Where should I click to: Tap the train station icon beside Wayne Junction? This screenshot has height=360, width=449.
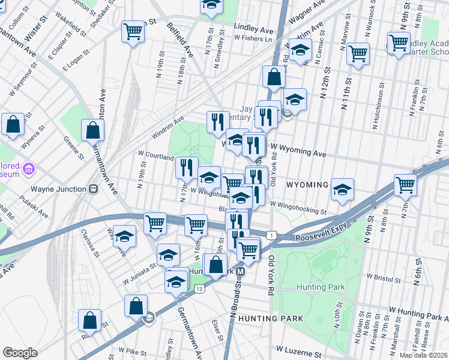tap(93, 189)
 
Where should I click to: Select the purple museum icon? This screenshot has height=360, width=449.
tap(27, 170)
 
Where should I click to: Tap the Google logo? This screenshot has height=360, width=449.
tap(20, 353)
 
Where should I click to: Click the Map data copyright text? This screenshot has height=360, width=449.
tap(423, 355)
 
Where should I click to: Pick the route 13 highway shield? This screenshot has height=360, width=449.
tap(199, 289)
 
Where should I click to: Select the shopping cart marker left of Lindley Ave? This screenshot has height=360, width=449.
tap(133, 31)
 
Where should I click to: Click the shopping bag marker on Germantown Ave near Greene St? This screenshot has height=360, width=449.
tap(92, 130)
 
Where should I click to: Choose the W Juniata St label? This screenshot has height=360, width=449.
tap(142, 278)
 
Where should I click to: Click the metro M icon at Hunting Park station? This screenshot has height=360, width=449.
tap(240, 271)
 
